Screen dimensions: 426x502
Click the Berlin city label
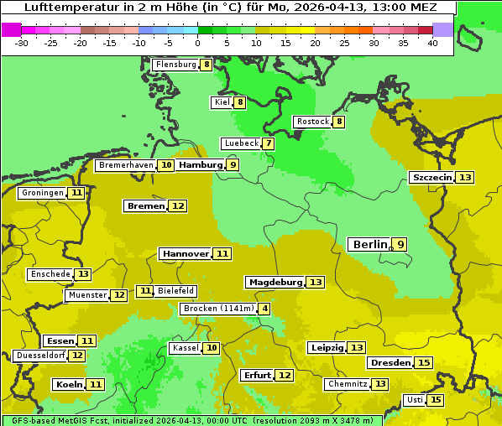[x=369, y=244]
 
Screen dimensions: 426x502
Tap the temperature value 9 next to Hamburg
[x=233, y=165]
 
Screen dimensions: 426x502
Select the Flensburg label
[x=175, y=65]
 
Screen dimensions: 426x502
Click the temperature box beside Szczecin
[x=465, y=178]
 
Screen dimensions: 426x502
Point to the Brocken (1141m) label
[x=217, y=309]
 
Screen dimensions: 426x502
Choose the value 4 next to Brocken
[x=265, y=309]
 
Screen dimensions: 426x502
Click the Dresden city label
[x=390, y=363]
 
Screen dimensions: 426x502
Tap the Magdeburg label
[x=275, y=283]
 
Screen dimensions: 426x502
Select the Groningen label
[x=42, y=193]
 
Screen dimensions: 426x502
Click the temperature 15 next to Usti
[x=436, y=400]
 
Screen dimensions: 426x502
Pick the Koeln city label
[x=68, y=384]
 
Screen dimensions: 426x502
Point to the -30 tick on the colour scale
[x=22, y=44]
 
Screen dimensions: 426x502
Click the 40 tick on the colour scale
[x=432, y=44]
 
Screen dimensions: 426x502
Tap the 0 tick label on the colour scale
[x=197, y=44]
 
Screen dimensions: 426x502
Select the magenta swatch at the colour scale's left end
[x=11, y=29]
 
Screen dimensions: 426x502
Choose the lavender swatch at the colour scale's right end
[x=442, y=29]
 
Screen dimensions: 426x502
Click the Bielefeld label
[x=175, y=291]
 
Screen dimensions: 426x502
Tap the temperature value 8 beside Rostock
[x=339, y=122]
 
